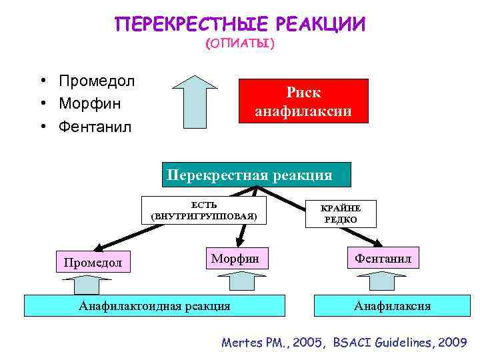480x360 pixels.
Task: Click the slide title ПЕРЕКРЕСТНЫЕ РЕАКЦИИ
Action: [x=240, y=25]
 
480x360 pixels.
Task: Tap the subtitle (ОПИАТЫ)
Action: [x=240, y=43]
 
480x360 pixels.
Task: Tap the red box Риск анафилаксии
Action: [x=303, y=101]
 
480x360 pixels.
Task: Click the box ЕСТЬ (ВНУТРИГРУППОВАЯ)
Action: [x=203, y=210]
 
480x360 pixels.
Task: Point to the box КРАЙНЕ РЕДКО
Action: [x=341, y=214]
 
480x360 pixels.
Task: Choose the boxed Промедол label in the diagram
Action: [x=93, y=262]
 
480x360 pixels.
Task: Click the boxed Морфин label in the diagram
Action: [x=236, y=257]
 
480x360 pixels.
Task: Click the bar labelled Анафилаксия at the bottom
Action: [x=392, y=306]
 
